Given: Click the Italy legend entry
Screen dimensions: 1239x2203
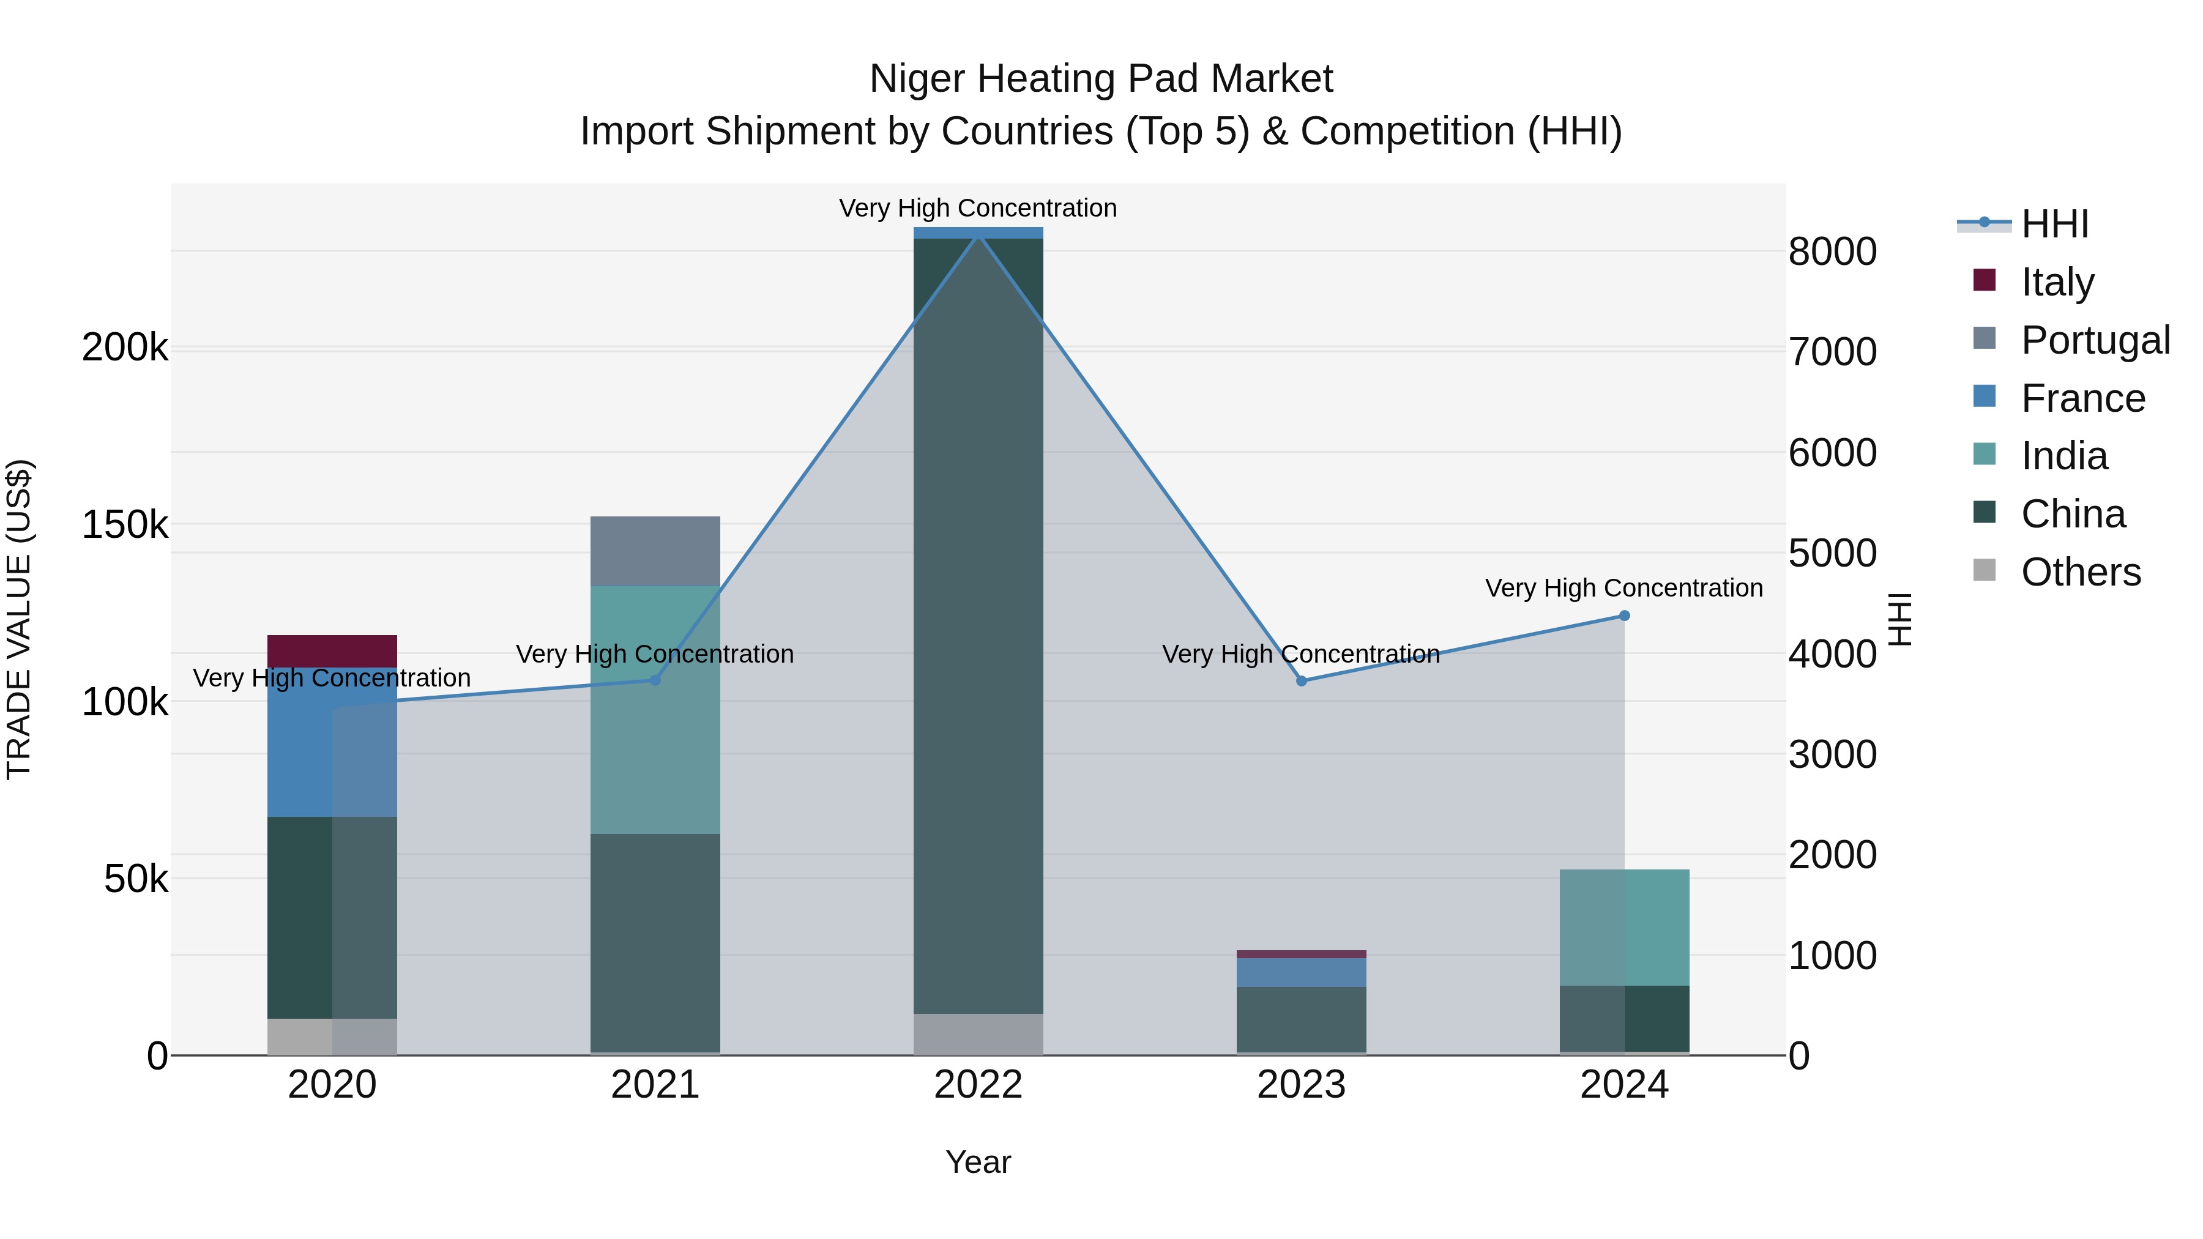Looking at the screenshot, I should (2057, 282).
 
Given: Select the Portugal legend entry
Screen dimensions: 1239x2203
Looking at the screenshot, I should (2095, 340).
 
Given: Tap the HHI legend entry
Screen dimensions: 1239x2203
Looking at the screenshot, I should (2054, 224).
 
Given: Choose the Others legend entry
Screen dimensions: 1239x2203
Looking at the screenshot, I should (2080, 572).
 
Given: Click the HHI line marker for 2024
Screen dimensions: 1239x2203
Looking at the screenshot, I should (1624, 616).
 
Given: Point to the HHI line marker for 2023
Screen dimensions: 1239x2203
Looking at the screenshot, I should (1301, 680).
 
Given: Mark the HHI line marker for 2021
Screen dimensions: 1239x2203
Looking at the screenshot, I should (655, 680).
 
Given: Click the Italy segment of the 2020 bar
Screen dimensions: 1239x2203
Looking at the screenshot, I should (332, 651).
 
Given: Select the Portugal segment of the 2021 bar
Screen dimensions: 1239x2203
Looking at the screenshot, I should (655, 551).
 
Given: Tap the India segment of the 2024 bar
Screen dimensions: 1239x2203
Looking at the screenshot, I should (1624, 927).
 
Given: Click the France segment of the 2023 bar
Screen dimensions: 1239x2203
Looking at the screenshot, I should (1301, 972).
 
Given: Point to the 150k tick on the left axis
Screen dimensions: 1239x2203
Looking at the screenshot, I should (125, 525).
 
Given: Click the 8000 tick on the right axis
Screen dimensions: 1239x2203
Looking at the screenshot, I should (1832, 252).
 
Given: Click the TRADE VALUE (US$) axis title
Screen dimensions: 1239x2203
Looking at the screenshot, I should (19, 619).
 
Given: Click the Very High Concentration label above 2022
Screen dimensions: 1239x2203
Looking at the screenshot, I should (977, 208).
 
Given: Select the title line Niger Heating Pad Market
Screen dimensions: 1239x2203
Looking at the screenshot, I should (1101, 79).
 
